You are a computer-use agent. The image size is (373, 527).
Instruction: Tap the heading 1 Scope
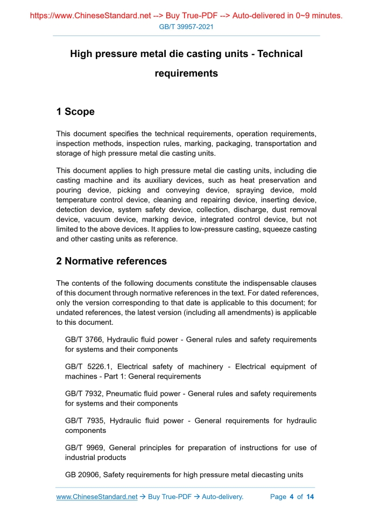(75, 112)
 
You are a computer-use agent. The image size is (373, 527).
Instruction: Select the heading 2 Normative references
(111, 261)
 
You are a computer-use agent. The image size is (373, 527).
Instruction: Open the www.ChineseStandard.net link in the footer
(97, 497)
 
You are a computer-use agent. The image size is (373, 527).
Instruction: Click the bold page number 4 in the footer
(291, 497)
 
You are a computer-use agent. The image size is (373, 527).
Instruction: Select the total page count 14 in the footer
(310, 497)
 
